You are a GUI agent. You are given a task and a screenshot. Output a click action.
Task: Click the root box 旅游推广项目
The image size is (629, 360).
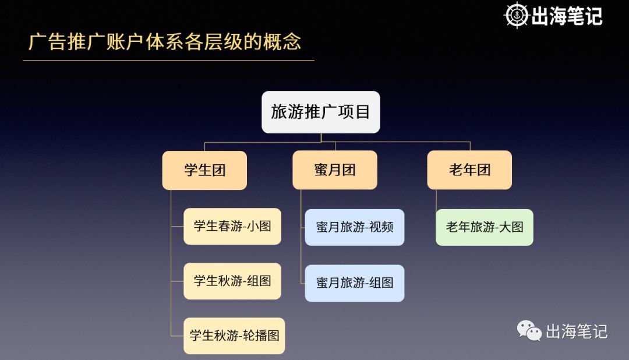coord(320,112)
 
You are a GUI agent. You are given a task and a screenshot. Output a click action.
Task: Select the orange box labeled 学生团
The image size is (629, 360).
coord(204,170)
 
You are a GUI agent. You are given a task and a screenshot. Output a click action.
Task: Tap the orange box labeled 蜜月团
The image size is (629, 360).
coord(334,170)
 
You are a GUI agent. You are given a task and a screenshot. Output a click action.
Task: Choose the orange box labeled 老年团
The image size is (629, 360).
coord(469,170)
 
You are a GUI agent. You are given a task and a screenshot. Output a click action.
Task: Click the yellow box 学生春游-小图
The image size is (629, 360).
coord(232,226)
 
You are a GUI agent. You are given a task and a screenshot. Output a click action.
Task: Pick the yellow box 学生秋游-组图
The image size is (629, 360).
coord(232,281)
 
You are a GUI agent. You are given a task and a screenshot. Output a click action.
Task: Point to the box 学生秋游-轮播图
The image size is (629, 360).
coord(234,336)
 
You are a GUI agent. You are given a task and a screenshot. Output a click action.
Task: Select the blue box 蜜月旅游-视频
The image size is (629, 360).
coord(354,227)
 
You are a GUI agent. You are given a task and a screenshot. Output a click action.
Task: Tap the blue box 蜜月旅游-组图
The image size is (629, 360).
coord(354,283)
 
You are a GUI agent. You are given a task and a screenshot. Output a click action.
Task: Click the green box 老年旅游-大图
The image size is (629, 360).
coord(484,227)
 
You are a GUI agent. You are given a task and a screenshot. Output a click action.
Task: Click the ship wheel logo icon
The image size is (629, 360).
coord(516,15)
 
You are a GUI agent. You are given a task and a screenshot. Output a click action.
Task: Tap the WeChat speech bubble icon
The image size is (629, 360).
coord(529,331)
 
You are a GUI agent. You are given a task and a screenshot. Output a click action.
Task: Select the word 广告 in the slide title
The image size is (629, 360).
coord(48,42)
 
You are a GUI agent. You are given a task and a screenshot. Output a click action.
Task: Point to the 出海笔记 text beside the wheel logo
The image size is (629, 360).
coord(567,16)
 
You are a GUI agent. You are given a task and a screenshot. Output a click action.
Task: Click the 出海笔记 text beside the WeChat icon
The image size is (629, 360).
coord(577,331)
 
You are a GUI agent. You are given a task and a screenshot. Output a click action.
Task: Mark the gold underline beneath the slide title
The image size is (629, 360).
coord(169,60)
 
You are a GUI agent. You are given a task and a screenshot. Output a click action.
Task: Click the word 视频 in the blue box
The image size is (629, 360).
coord(381,227)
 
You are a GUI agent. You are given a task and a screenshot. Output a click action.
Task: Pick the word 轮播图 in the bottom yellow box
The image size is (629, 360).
coord(262,336)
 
